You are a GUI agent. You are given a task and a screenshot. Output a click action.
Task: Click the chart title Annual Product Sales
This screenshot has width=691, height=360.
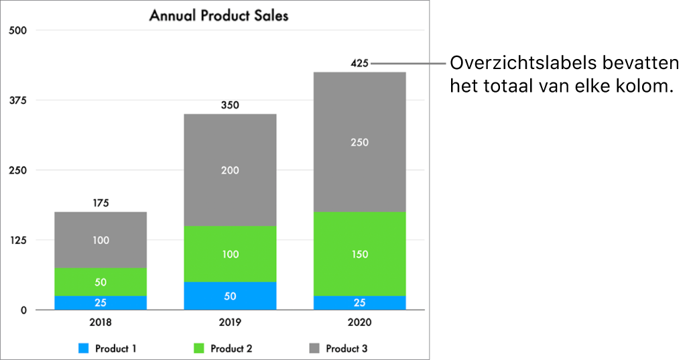tap(218, 15)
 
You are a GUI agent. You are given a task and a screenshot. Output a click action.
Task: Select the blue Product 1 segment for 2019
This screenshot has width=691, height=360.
tap(230, 296)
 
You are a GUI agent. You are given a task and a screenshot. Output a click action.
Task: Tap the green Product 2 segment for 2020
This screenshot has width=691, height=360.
tap(359, 253)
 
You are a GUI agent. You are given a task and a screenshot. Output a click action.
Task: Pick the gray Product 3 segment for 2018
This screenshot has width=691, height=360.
tap(101, 239)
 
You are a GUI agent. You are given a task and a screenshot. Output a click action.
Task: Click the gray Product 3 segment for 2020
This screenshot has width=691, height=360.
tap(359, 141)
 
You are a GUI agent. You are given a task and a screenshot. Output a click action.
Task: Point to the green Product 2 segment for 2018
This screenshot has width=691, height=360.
tap(101, 282)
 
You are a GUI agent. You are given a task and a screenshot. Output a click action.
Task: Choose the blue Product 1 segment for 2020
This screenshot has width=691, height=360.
tap(359, 302)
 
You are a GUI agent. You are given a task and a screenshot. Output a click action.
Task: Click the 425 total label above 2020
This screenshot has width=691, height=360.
tap(359, 64)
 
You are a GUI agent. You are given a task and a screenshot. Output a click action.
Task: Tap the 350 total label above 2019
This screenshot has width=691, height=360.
tap(230, 105)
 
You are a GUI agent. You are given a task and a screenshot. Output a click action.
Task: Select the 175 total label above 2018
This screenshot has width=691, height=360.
tap(101, 203)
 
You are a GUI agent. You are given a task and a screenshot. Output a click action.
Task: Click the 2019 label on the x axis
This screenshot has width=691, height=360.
tap(230, 322)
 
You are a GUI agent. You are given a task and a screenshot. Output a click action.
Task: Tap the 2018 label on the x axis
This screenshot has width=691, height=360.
tap(101, 322)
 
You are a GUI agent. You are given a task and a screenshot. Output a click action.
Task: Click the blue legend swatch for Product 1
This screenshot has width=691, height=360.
tap(83, 349)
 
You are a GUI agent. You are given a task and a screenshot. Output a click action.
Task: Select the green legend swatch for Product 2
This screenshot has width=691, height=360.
tap(199, 349)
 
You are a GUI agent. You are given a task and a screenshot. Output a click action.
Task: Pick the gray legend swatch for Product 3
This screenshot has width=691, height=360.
tap(314, 349)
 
